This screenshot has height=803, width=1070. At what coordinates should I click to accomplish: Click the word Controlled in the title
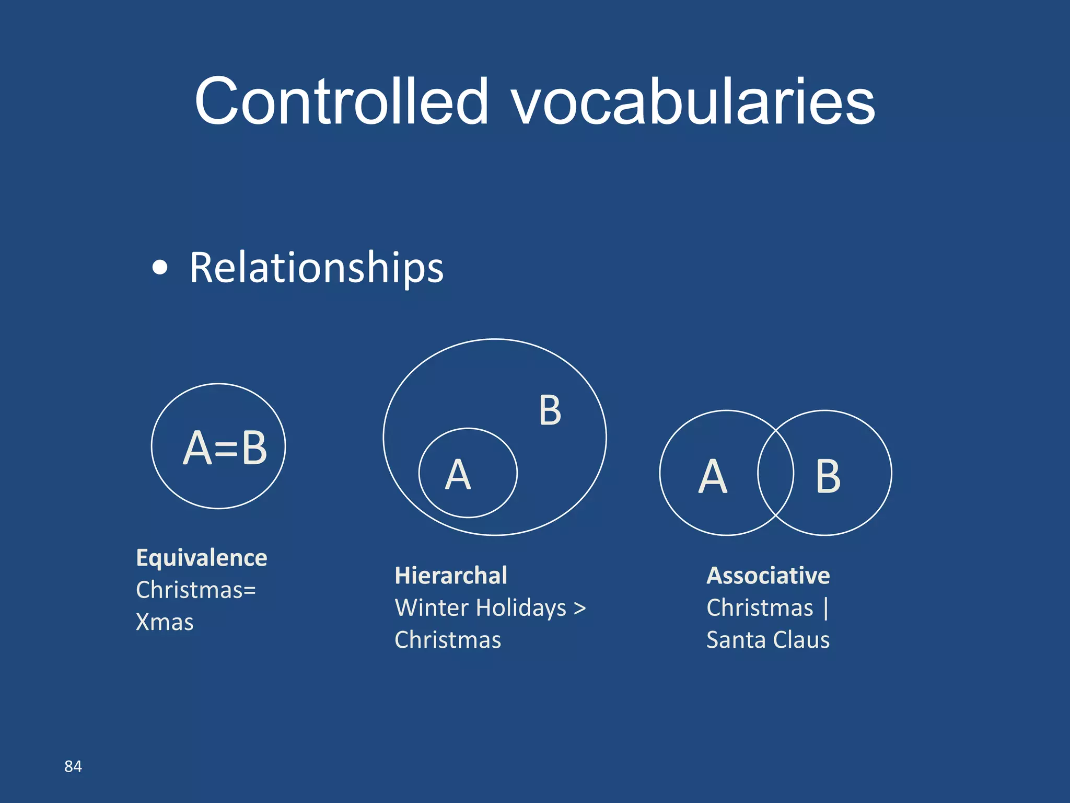341,101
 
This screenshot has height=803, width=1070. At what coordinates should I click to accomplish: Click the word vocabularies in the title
693,102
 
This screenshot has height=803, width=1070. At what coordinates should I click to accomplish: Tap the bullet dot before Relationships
160,268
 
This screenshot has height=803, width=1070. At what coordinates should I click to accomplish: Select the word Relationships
316,268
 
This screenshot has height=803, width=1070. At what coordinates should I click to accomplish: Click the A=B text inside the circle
225,448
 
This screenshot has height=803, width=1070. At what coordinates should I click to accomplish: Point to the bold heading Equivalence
202,558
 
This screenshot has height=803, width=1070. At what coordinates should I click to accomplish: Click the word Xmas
165,622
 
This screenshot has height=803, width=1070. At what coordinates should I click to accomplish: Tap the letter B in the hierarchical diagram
550,411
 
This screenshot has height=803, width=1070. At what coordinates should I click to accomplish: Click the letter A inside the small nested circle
458,475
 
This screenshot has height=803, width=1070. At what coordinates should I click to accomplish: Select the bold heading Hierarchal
451,576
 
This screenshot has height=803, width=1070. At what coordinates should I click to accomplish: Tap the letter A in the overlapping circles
713,476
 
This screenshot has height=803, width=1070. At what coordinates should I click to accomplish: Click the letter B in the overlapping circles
828,476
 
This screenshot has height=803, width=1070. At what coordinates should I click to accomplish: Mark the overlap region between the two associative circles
776,473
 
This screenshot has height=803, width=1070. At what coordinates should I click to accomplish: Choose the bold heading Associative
768,576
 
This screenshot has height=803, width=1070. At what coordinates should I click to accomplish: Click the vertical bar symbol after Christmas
825,608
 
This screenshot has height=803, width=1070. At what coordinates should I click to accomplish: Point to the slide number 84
73,766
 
